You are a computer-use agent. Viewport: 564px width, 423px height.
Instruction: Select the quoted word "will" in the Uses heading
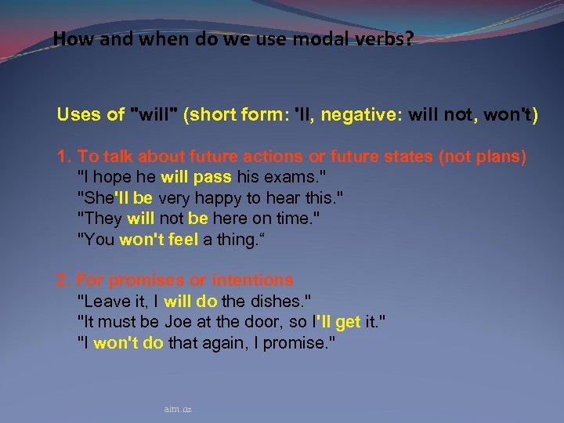coord(157,115)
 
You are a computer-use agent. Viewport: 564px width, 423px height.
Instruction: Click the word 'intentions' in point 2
coord(251,280)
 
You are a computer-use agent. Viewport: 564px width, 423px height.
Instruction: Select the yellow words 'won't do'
coord(128,343)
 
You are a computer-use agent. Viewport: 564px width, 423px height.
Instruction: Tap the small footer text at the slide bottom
coord(179,409)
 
